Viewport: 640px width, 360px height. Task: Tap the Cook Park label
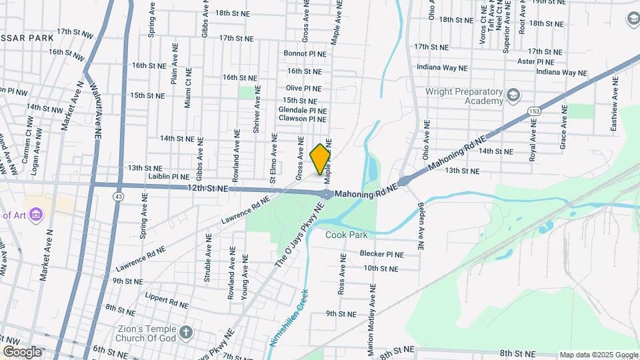point(347,235)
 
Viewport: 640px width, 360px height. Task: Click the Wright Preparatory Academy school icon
point(513,96)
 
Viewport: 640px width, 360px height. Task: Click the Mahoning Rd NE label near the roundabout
point(365,194)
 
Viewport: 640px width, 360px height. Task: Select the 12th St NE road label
point(208,189)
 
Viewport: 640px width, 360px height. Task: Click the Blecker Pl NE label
point(382,254)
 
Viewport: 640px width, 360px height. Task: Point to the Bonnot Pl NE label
point(305,53)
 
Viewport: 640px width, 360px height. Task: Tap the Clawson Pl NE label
point(302,119)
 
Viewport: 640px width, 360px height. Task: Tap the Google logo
point(21,351)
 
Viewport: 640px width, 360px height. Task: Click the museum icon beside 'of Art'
point(37,215)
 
